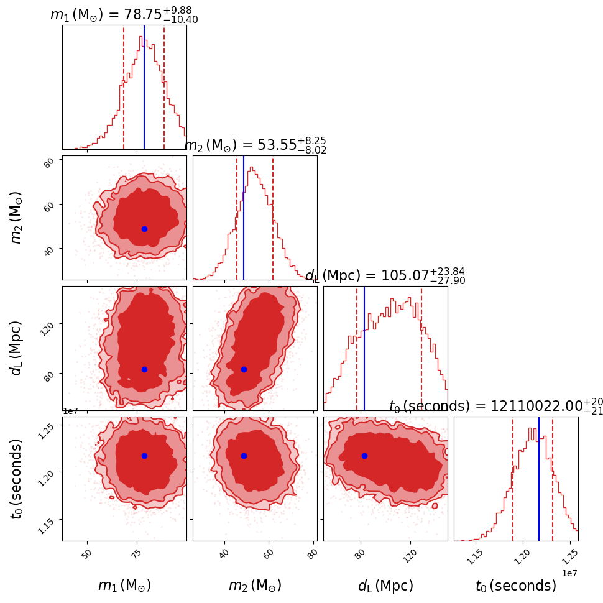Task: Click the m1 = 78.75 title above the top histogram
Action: coord(124,16)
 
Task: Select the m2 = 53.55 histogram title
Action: coord(255,145)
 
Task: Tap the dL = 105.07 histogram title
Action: coord(385,275)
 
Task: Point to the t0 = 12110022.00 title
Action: coord(496,407)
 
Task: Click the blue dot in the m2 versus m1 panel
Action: coord(144,229)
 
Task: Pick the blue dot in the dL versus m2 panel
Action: coord(244,369)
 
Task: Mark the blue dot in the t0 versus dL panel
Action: coord(364,456)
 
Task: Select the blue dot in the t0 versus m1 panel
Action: coord(144,456)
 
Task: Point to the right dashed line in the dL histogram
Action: coord(421,348)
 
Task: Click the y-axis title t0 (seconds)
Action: coord(17,478)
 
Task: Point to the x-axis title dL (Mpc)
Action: coord(385,586)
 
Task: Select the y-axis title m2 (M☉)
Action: coord(17,217)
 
